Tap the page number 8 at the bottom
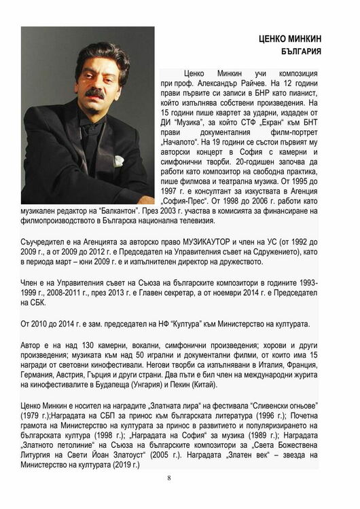tap(169, 478)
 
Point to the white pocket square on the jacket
tap(120, 161)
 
